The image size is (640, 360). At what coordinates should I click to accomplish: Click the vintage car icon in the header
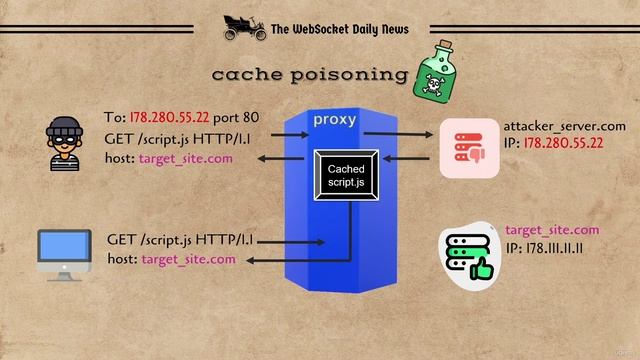(x=243, y=26)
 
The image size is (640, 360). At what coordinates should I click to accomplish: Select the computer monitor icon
(x=64, y=254)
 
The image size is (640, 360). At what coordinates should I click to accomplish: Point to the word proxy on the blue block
(x=334, y=120)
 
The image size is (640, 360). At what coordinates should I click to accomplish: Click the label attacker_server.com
(x=565, y=127)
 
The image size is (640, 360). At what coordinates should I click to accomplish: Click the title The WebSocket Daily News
(x=339, y=29)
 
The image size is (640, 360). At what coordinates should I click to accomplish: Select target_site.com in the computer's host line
(x=189, y=259)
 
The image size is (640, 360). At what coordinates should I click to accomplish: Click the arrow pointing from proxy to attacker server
(x=394, y=132)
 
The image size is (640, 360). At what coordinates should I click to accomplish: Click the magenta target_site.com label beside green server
(x=552, y=230)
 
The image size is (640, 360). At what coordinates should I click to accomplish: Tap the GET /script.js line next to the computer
(x=180, y=240)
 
